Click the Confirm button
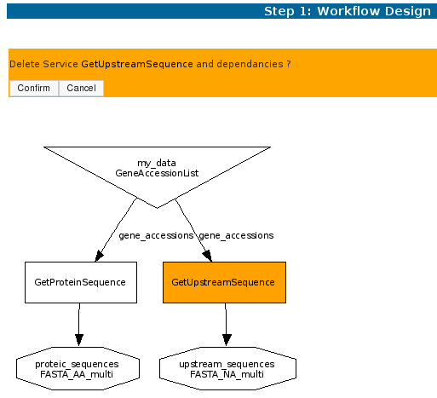pos(34,88)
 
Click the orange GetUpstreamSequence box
pos(224,282)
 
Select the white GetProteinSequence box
pos(81,282)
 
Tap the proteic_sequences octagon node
pos(78,368)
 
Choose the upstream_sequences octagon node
pos(227,368)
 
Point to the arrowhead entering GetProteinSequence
pos(99,256)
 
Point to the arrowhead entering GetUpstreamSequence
pos(208,256)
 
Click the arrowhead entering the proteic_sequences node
pos(79,340)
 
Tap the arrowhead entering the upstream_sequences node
pos(227,340)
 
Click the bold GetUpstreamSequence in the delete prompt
pos(137,64)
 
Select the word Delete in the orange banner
pos(25,64)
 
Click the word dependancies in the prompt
pos(250,64)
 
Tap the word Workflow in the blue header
pos(348,11)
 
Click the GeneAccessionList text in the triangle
pos(157,173)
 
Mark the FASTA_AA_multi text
pos(77,374)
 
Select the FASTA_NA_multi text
pos(227,374)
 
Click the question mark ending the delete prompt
pos(289,64)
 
